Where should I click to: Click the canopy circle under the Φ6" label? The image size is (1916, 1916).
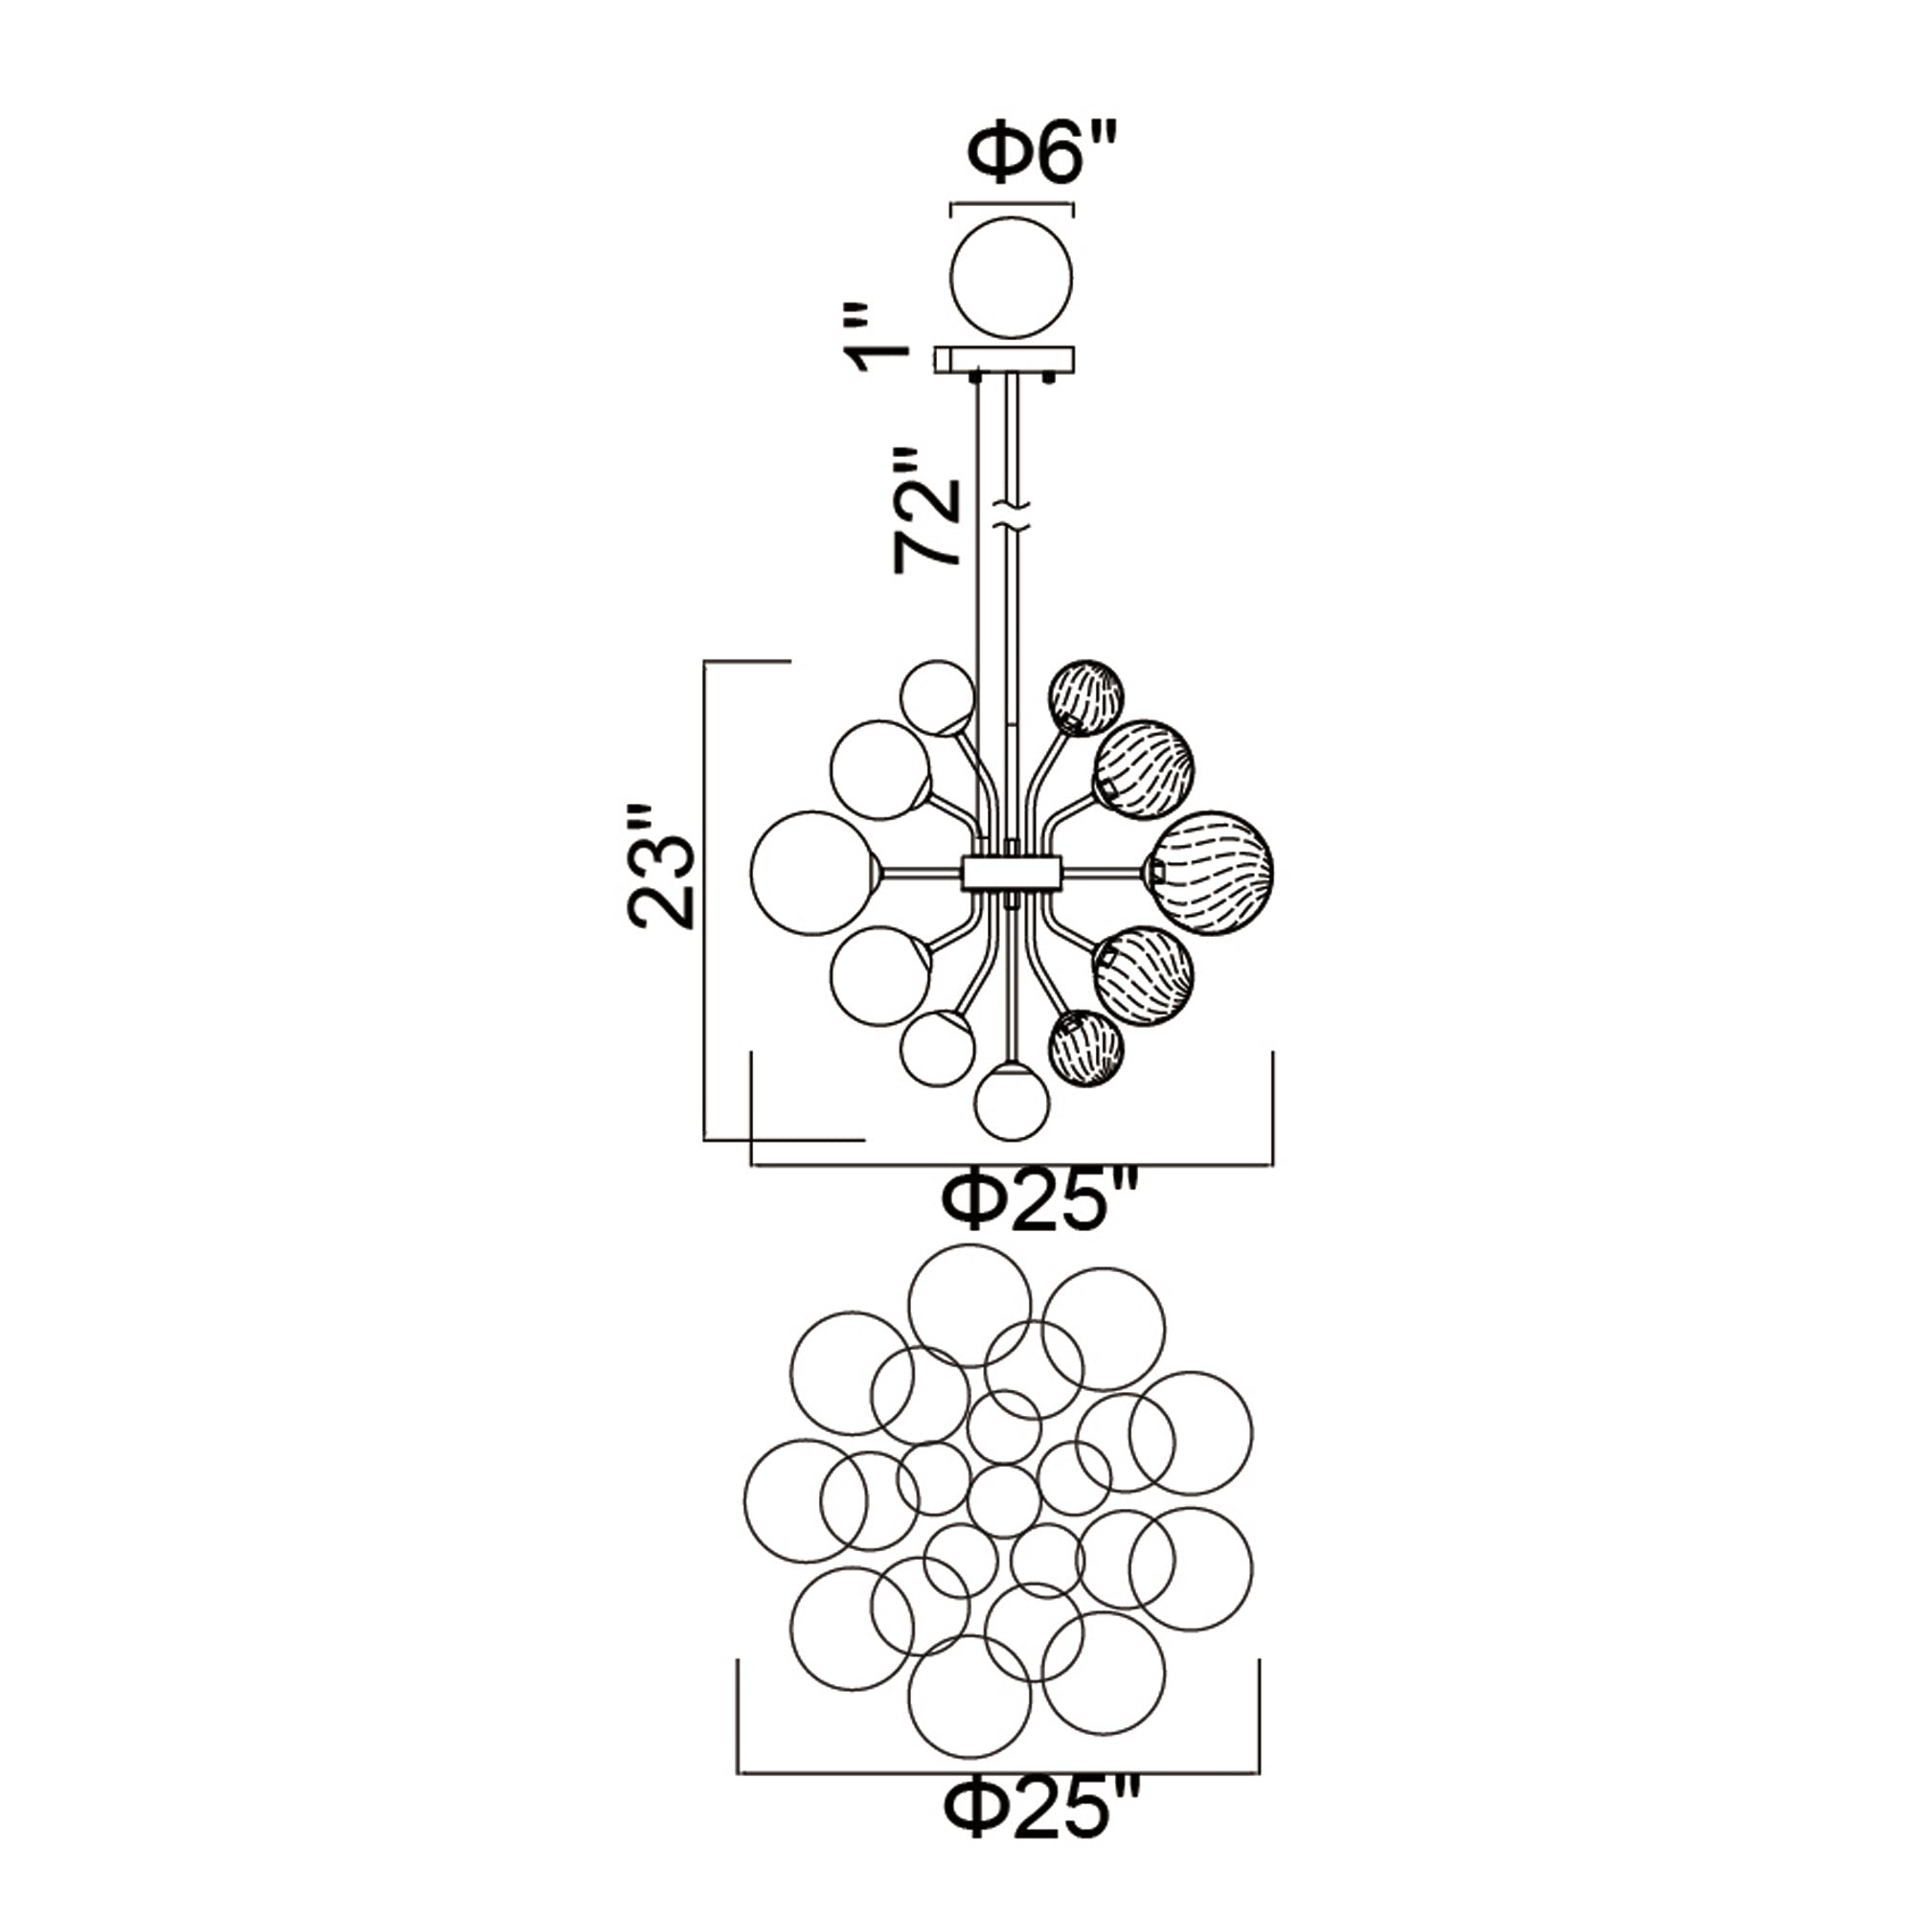1012,279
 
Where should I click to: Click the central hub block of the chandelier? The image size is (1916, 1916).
1012,872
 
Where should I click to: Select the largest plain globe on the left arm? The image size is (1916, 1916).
811,873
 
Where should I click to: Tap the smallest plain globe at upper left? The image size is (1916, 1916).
937,696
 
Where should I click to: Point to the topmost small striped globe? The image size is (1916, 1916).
1086,696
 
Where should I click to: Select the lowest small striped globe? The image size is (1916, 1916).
1086,1048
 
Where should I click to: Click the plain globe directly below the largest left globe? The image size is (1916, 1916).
880,978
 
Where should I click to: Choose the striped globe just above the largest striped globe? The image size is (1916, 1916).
1144,768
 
